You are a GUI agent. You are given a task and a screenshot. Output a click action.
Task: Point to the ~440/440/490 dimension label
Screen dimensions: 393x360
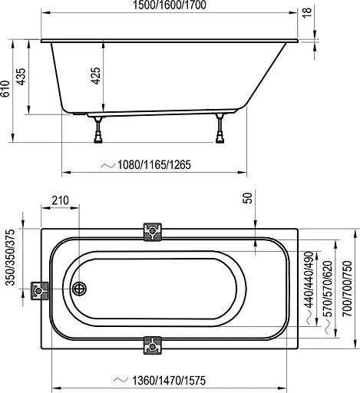coord(308,279)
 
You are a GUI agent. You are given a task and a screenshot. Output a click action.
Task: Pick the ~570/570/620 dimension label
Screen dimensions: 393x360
coord(329,291)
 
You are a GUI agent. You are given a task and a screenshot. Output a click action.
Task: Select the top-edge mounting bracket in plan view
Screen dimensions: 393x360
coord(154,232)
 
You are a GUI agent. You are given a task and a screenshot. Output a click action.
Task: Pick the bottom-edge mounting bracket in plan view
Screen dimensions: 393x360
coord(154,346)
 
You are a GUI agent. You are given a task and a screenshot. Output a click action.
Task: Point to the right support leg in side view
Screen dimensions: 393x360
coord(222,130)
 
